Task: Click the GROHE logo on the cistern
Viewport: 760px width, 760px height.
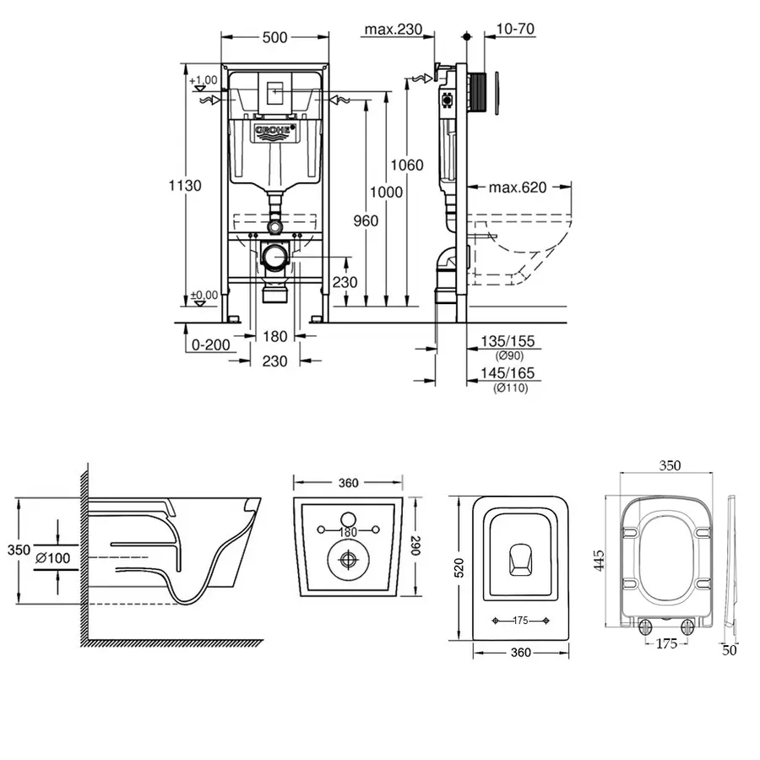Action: pos(274,131)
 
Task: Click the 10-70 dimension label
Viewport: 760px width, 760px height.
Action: pos(517,30)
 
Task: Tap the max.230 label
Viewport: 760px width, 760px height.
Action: pos(393,30)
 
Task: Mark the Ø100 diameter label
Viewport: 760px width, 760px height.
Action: pos(52,557)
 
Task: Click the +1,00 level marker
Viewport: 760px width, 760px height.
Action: pos(204,80)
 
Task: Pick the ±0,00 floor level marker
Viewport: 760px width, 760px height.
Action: pos(204,295)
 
